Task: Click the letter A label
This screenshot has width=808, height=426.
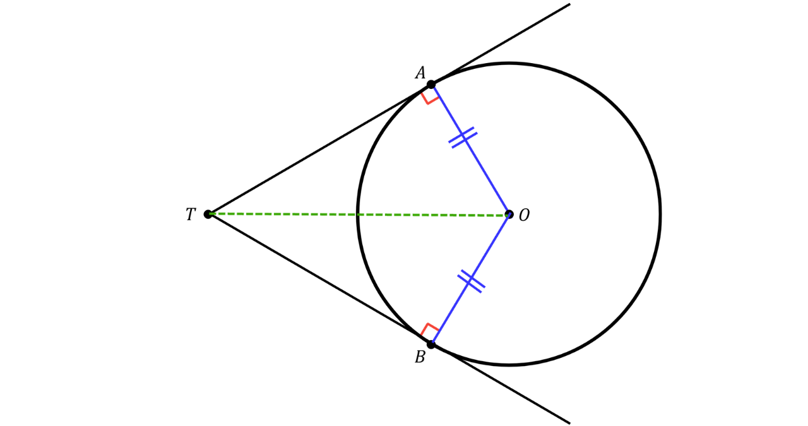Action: point(420,73)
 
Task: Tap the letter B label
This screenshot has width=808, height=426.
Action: point(420,357)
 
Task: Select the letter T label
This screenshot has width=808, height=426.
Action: point(191,215)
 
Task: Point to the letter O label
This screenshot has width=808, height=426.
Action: point(524,215)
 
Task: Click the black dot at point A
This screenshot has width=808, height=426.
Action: point(431,85)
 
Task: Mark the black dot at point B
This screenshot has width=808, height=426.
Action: point(431,345)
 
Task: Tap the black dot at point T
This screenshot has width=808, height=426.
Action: point(208,215)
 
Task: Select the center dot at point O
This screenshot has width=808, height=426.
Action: point(509,215)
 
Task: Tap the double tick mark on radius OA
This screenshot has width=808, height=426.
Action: point(463,138)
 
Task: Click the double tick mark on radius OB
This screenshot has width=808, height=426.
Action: point(471,281)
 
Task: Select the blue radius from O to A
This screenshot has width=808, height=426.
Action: point(470,150)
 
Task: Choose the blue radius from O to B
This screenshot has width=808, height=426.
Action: point(470,280)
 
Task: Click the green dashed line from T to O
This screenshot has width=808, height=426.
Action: point(359,215)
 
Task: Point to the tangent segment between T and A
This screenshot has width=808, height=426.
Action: point(319,150)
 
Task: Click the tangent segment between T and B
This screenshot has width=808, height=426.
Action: point(319,280)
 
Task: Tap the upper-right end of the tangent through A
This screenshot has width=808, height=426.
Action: point(570,4)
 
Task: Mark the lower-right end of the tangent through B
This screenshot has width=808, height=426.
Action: point(570,423)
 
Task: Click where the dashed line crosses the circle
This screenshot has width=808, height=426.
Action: point(357,215)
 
